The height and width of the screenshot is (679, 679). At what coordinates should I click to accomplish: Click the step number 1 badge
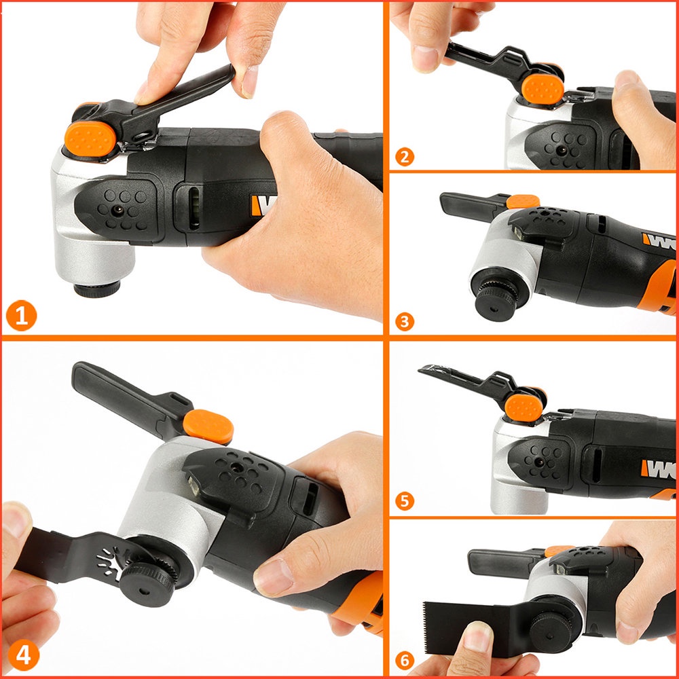tap(21, 316)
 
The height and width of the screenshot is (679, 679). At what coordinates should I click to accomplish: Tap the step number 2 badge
tap(404, 157)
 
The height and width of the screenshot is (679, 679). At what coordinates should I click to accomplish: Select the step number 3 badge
tap(404, 320)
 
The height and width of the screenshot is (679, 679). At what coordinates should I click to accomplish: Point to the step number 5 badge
tap(404, 502)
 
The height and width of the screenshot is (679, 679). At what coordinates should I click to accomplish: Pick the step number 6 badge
tap(404, 661)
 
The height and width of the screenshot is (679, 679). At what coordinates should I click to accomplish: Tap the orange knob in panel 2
tap(542, 89)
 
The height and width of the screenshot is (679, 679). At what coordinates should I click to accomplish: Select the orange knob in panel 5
tap(524, 407)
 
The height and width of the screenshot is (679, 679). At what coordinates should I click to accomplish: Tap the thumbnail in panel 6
tap(479, 638)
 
